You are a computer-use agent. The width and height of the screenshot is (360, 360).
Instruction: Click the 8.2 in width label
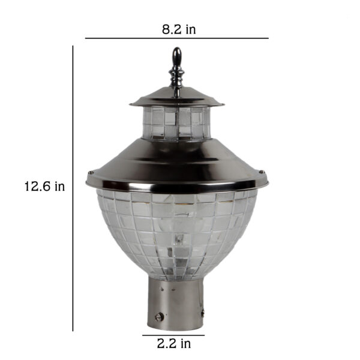(x=179, y=29)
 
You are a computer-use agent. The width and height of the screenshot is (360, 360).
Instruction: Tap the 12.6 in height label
(x=44, y=186)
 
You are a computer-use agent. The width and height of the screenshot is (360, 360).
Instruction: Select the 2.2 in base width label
(x=174, y=344)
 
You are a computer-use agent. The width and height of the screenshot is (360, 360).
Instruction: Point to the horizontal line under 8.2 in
(x=177, y=38)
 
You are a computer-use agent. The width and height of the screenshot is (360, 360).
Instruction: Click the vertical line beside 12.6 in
(x=73, y=188)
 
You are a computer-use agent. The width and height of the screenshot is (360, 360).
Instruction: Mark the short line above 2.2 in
(x=173, y=335)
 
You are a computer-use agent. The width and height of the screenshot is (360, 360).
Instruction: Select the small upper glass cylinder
(x=176, y=123)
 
